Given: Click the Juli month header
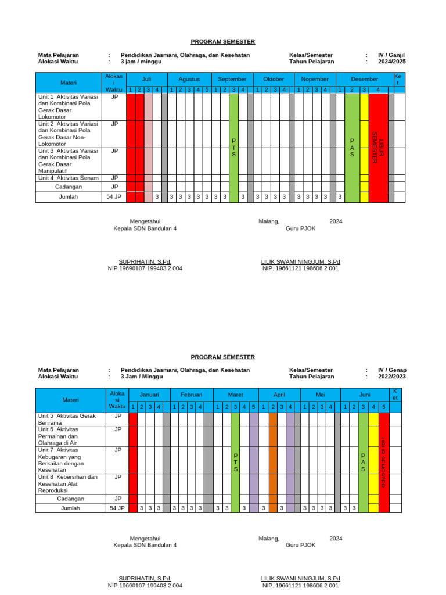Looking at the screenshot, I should point(146,79).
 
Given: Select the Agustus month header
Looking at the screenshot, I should point(189,79).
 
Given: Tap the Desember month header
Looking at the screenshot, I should point(365,79).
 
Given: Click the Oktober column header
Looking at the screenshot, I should point(274,79).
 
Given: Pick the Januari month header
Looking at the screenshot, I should point(149,394).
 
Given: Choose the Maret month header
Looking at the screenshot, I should point(235,394).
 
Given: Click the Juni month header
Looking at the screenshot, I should point(365,394).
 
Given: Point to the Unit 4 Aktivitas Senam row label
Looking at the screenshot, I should point(68,178).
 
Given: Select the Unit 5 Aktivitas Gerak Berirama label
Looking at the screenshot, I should point(66,420).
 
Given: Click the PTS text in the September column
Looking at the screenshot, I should point(233,148).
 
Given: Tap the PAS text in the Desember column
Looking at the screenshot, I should point(352,148).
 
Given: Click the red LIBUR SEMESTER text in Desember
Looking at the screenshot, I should point(378,148).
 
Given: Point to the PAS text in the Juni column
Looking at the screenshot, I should point(363,462).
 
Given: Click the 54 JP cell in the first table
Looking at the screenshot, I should point(114,197).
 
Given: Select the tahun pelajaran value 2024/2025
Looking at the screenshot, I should point(392,62).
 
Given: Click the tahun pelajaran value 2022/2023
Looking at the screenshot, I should point(392,377).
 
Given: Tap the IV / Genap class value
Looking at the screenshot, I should point(392,370).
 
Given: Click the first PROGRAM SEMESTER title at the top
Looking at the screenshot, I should point(223,42).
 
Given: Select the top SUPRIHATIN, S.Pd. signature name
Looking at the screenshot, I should point(145,262).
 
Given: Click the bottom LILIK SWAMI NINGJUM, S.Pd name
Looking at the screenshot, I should point(300,579).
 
